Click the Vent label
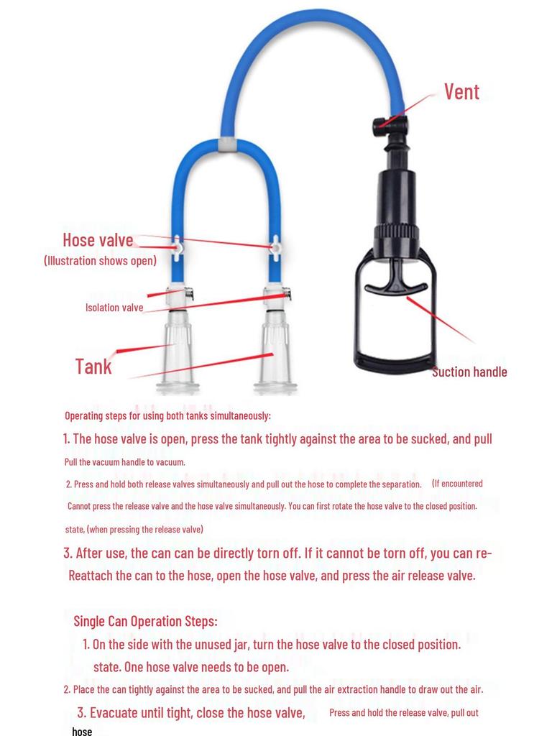461,92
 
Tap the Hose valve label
98,240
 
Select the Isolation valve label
114,308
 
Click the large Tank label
93,367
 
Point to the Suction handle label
469,372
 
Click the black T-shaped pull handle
395,283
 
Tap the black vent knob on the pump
381,127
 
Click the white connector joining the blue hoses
226,143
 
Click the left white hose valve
177,248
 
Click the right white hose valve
275,249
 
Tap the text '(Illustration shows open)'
100,260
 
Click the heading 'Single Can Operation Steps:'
145,620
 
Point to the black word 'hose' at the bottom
82,731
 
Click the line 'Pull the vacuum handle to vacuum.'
125,461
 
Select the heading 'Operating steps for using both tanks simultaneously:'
167,415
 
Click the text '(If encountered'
457,483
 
